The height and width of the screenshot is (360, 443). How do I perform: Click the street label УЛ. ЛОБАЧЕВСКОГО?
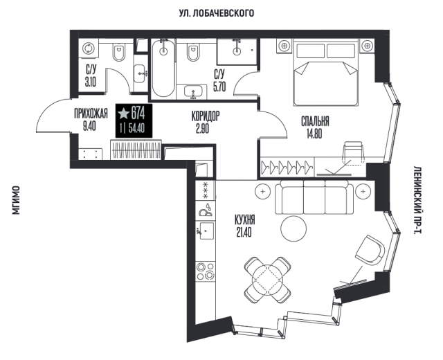[x=217, y=13]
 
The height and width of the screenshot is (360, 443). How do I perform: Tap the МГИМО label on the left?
[x=17, y=200]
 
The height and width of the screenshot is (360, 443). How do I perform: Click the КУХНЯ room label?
[x=244, y=219]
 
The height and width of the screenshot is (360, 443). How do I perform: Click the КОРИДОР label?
[x=206, y=116]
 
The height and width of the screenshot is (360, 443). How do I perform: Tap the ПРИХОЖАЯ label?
[x=91, y=114]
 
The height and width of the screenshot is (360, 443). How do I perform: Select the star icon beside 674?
[x=123, y=114]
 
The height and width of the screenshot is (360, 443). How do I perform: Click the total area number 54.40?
[x=136, y=129]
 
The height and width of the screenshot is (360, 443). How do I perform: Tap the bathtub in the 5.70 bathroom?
[x=163, y=68]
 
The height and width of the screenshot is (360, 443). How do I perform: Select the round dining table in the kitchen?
[x=267, y=280]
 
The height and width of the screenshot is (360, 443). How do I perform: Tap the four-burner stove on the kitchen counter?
[x=206, y=271]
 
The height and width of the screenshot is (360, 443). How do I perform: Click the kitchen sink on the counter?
[x=206, y=231]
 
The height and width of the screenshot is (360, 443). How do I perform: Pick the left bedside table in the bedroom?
[x=284, y=45]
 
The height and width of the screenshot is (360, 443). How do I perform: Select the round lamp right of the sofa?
[x=363, y=192]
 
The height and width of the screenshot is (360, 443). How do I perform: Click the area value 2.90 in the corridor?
[x=203, y=129]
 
